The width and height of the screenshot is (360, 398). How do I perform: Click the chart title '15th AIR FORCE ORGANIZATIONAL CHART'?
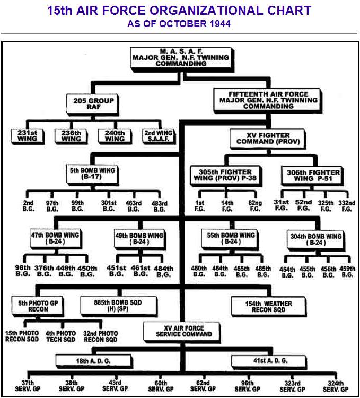(179, 11)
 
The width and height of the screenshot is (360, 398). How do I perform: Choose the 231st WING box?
(28, 135)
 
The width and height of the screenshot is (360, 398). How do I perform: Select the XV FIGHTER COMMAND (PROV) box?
(267, 139)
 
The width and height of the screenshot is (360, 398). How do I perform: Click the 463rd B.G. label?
(134, 206)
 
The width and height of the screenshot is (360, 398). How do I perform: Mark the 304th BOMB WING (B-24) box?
(317, 239)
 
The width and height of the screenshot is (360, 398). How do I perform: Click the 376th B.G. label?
(45, 271)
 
